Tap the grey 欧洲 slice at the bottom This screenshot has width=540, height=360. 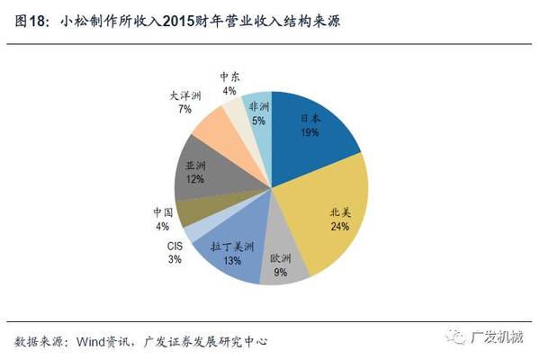pyautogui.click(x=280, y=265)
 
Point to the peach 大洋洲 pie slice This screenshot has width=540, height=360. pyautogui.click(x=220, y=126)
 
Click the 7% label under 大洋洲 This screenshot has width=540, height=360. pyautogui.click(x=184, y=108)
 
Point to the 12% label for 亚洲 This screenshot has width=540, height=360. pyautogui.click(x=195, y=179)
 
